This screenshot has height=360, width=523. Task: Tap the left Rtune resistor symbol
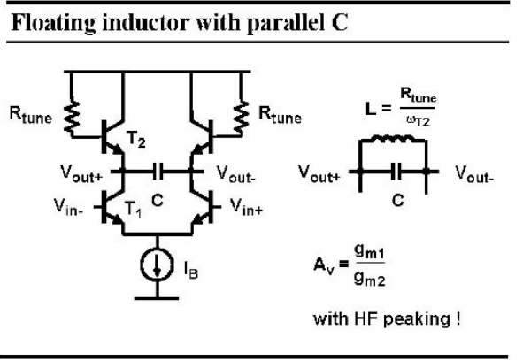point(72,118)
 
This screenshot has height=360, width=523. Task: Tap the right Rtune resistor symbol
point(242,118)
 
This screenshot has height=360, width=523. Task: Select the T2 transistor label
point(135,139)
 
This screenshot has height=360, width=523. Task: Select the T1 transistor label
point(133,210)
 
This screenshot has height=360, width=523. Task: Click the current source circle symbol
point(157,264)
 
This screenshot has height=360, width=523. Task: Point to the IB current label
point(191,269)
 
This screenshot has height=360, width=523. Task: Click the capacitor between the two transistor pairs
point(158,172)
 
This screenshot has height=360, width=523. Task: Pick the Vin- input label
point(68,207)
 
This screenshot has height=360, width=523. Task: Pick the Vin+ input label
point(247,207)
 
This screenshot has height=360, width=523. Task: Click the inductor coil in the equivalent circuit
point(394,138)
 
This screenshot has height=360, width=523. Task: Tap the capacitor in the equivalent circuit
point(396,172)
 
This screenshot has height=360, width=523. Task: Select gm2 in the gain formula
point(370,279)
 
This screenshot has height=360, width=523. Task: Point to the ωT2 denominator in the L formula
point(419,120)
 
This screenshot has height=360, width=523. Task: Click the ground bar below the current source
point(157,298)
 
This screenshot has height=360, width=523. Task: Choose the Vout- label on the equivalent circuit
point(474,173)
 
